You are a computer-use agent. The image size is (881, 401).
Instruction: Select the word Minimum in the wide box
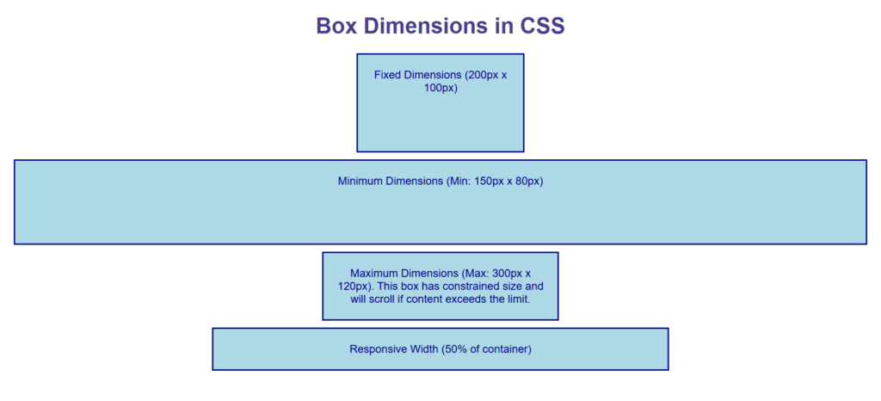tap(363, 182)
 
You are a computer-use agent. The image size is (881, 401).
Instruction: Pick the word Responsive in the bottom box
tap(375, 349)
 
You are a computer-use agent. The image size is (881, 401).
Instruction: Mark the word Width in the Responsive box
tap(422, 349)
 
